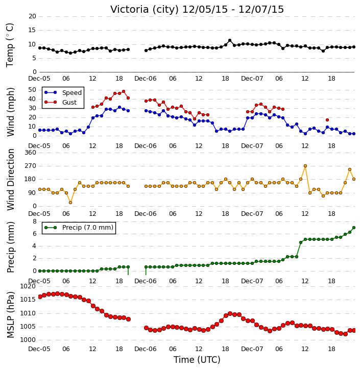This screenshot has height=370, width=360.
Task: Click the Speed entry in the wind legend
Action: tap(63, 92)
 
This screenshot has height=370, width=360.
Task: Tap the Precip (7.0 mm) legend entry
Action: tap(79, 228)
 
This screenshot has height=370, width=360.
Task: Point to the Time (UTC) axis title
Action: tap(197, 360)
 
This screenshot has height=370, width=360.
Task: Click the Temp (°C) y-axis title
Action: tap(10, 45)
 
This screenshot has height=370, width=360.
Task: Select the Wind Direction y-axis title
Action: tap(10, 180)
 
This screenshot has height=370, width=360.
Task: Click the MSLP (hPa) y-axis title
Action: tap(10, 315)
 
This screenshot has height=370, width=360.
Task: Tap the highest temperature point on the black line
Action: tap(230, 40)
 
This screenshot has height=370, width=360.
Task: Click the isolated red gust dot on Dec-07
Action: tap(327, 120)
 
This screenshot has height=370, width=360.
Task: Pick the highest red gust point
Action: tap(124, 91)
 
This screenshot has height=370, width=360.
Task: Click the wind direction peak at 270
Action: tap(305, 166)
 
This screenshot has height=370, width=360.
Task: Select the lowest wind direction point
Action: tap(70, 203)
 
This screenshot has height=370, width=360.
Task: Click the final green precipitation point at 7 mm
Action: tap(354, 228)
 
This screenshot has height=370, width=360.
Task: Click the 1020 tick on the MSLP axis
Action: tap(29, 286)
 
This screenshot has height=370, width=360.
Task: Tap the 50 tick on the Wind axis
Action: tap(32, 90)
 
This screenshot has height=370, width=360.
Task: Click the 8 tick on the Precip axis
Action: tap(34, 221)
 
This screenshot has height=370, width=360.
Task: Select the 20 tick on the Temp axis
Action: tap(32, 16)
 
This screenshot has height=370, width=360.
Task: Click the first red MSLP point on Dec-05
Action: tap(40, 297)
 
